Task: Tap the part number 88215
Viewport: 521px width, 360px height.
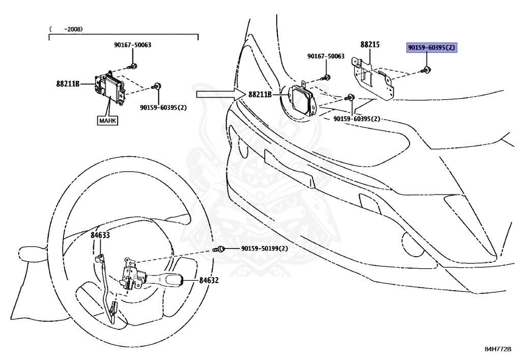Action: (x=370, y=45)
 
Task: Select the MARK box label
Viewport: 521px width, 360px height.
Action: (x=107, y=121)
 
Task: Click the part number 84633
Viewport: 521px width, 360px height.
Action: (x=100, y=235)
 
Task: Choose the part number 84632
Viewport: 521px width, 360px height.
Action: (x=209, y=280)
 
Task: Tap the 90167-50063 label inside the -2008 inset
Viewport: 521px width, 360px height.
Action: (x=132, y=45)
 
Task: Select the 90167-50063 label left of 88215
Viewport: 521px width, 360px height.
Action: (x=326, y=56)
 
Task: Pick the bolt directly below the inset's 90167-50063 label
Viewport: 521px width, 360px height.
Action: (x=133, y=66)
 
